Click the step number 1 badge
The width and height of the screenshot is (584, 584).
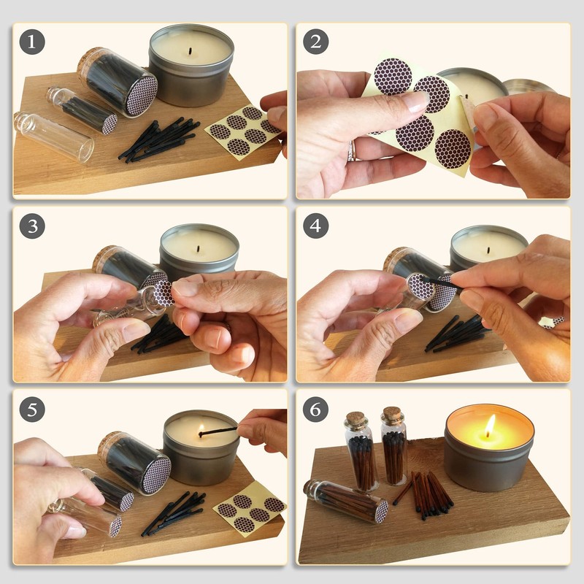point(32,42)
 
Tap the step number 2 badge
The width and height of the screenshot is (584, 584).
point(315,42)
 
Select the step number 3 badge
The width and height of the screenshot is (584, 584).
point(32,226)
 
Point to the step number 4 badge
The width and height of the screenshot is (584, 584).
point(315,226)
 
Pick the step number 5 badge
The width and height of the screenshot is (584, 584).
point(32,410)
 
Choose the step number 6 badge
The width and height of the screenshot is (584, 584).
point(315,410)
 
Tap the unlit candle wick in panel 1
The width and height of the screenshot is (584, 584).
point(191,50)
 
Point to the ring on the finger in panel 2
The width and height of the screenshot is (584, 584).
point(351,151)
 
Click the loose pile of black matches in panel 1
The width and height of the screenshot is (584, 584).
point(159,140)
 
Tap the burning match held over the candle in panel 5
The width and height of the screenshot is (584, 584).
point(218,431)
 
